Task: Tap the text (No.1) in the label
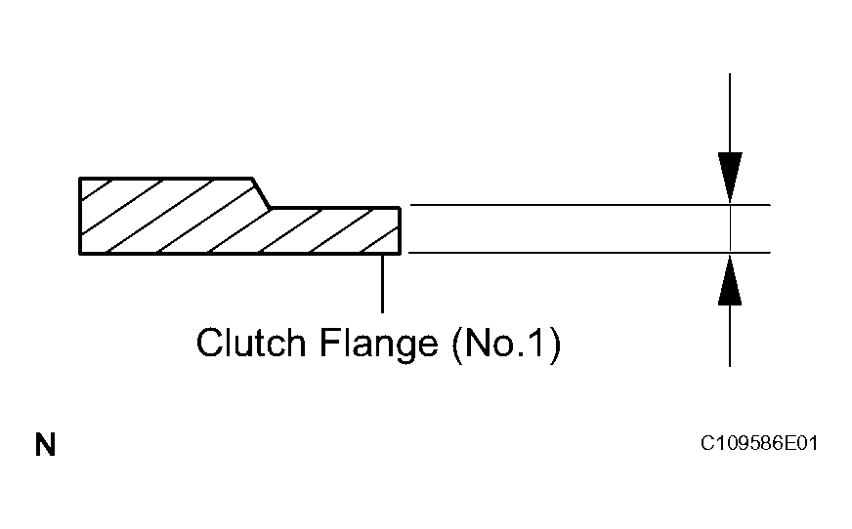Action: [507, 344]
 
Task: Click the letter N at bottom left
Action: [46, 447]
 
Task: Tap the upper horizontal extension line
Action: [586, 205]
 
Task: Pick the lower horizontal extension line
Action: [586, 253]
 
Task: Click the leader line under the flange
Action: [382, 283]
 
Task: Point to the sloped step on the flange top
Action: [262, 192]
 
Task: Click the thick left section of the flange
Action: [166, 216]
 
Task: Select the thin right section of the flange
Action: [332, 230]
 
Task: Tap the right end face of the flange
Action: [400, 230]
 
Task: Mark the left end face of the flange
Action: [80, 216]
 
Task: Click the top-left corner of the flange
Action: [80, 179]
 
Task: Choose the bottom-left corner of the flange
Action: [80, 254]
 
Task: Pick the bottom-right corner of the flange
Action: [400, 254]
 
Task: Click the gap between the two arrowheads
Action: [730, 229]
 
